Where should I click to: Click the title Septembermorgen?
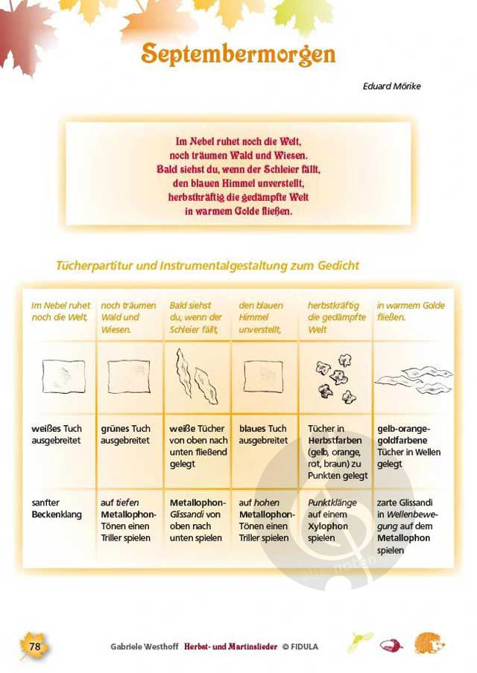pyautogui.click(x=238, y=54)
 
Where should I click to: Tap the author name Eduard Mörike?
pyautogui.click(x=391, y=86)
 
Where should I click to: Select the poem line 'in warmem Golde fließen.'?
pyautogui.click(x=238, y=211)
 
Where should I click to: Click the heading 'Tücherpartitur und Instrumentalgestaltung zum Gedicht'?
pyautogui.click(x=207, y=265)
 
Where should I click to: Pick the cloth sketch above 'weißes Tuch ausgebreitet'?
pyautogui.click(x=63, y=377)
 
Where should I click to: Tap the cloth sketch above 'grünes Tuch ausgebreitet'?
pyautogui.click(x=129, y=377)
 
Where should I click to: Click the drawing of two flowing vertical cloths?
pyautogui.click(x=197, y=377)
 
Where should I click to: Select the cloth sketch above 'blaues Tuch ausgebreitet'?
pyautogui.click(x=263, y=377)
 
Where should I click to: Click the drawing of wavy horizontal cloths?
pyautogui.click(x=414, y=380)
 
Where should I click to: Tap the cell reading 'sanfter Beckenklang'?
pyautogui.click(x=57, y=508)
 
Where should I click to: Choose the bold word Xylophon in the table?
pyautogui.click(x=328, y=526)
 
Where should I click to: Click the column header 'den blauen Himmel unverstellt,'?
pyautogui.click(x=261, y=318)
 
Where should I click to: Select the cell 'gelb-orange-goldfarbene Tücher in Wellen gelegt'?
pyautogui.click(x=408, y=447)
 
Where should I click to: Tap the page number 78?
pyautogui.click(x=35, y=646)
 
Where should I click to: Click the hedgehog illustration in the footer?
pyautogui.click(x=429, y=643)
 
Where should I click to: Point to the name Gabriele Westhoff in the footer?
pyautogui.click(x=144, y=646)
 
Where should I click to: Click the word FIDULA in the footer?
pyautogui.click(x=304, y=647)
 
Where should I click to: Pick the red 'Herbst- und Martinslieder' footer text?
pyautogui.click(x=231, y=646)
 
